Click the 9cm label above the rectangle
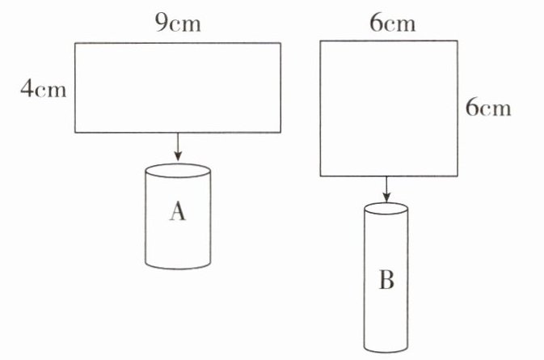click(177, 23)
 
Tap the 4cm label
click(44, 88)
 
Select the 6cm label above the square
click(392, 23)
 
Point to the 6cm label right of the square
click(489, 107)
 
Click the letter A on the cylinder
click(178, 212)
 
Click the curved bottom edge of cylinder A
click(178, 266)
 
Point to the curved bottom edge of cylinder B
click(386, 350)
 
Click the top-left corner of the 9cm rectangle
click(75, 43)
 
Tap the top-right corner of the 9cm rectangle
click(281, 43)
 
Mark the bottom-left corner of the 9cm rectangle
click(75, 133)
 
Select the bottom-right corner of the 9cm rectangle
click(281, 133)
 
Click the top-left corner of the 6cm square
click(321, 43)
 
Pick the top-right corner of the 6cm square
click(453, 43)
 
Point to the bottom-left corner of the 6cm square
click(321, 175)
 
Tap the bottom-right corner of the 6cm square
click(453, 175)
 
